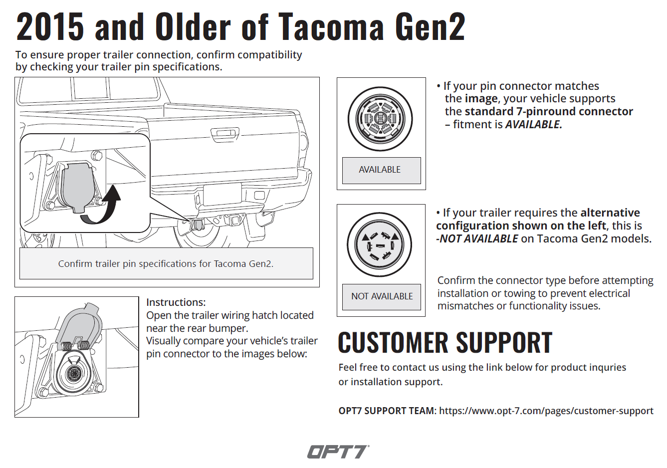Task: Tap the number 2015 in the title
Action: coord(50,26)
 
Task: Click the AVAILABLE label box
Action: coord(382,170)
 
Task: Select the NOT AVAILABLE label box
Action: coord(382,297)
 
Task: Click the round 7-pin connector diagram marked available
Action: coord(380,119)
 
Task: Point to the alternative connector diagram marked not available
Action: coord(379,244)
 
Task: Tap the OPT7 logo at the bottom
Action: coord(338,452)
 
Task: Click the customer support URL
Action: coord(546,411)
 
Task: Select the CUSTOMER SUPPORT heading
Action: coord(445,343)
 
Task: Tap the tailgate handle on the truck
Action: coord(225,133)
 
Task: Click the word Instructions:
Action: coord(176,302)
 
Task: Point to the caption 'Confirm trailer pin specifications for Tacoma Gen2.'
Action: coord(166,264)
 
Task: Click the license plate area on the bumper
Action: coord(222,194)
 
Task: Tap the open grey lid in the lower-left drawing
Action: coord(79,324)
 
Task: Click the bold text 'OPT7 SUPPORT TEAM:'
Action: coord(388,411)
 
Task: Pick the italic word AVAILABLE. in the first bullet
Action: coord(534,124)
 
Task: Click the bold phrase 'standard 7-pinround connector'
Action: coord(549,112)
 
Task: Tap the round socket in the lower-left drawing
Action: coord(72,372)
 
